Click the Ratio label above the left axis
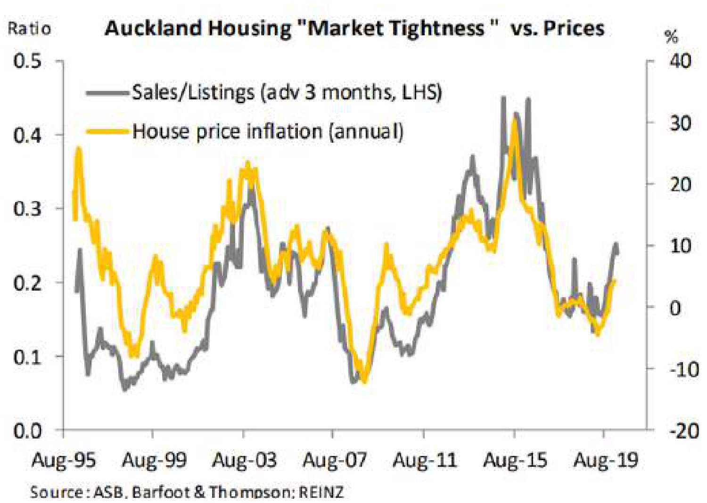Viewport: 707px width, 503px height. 29,29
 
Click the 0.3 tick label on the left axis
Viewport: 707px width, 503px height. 27,209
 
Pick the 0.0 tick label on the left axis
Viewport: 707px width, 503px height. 27,430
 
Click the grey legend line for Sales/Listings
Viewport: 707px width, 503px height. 107,92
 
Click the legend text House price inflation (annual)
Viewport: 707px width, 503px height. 268,131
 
